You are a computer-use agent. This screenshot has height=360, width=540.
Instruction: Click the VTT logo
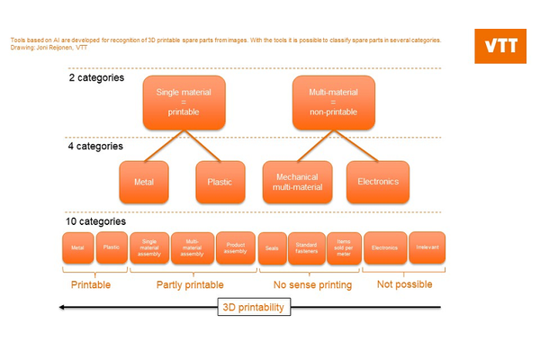tap(501, 47)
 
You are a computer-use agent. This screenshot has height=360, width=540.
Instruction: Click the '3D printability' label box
tap(254, 307)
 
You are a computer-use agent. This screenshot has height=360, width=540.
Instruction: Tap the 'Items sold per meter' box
tap(344, 247)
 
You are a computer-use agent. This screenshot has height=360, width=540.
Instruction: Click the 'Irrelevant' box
tap(427, 247)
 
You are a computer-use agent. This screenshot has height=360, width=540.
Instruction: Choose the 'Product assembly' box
tap(236, 247)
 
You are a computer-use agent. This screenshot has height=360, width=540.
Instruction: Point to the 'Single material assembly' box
tap(149, 247)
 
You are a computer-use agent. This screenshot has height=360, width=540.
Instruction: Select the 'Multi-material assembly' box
tap(193, 247)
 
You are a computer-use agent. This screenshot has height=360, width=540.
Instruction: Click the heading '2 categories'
tap(96, 77)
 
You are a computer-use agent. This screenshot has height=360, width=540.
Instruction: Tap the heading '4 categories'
tap(96, 146)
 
